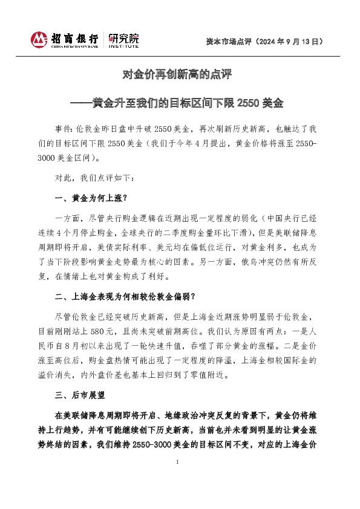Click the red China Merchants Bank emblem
point(39,40)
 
